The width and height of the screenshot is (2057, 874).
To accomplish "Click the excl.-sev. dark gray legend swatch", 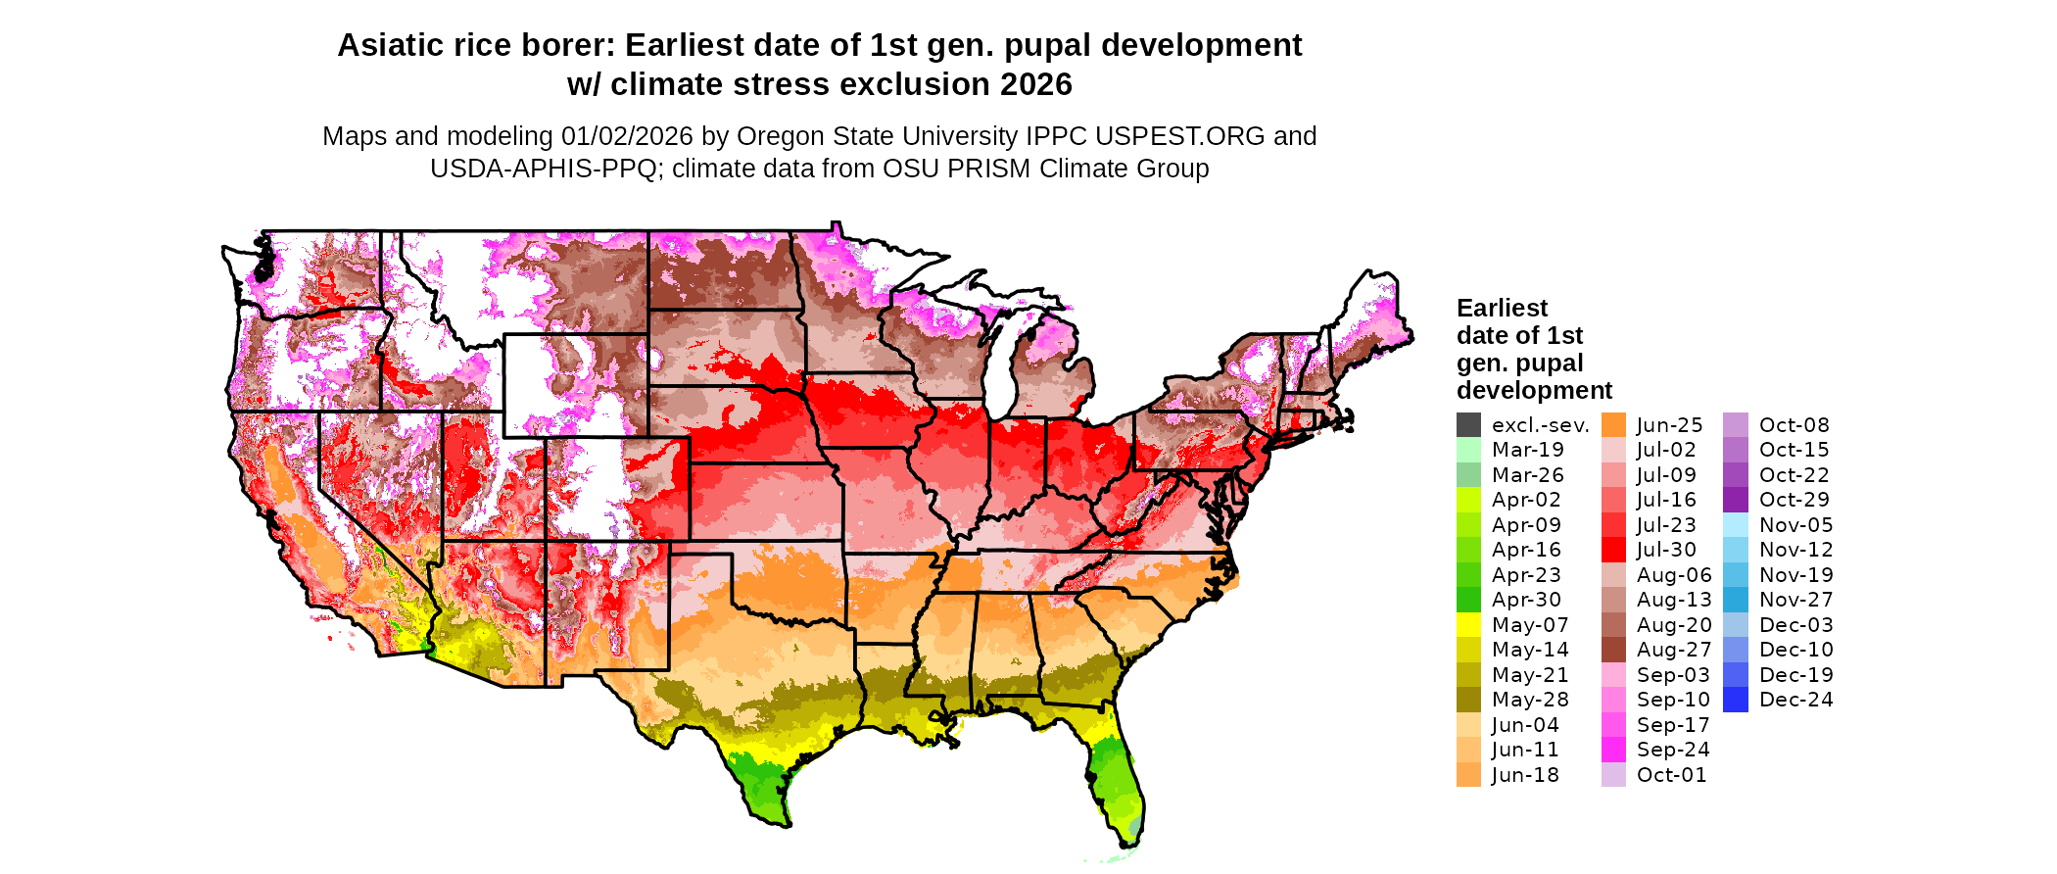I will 1468,425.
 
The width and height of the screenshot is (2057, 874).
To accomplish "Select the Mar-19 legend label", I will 1527,450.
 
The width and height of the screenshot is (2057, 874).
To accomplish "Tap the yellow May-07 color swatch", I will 1468,625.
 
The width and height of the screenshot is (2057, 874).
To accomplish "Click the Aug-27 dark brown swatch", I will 1613,650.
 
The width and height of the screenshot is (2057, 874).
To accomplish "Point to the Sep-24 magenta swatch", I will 1613,750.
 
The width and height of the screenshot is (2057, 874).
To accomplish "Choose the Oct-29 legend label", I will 1794,500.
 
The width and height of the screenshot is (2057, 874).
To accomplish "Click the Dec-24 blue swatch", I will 1735,700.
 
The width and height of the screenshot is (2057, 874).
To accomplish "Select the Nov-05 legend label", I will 1795,525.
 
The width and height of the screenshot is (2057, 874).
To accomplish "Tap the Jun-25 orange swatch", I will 1613,425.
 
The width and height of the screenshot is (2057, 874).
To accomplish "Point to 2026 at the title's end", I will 1036,85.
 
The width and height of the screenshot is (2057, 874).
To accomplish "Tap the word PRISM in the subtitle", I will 987,169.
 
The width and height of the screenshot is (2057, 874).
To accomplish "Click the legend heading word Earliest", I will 1502,309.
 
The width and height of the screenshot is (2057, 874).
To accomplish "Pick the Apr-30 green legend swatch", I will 1468,600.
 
